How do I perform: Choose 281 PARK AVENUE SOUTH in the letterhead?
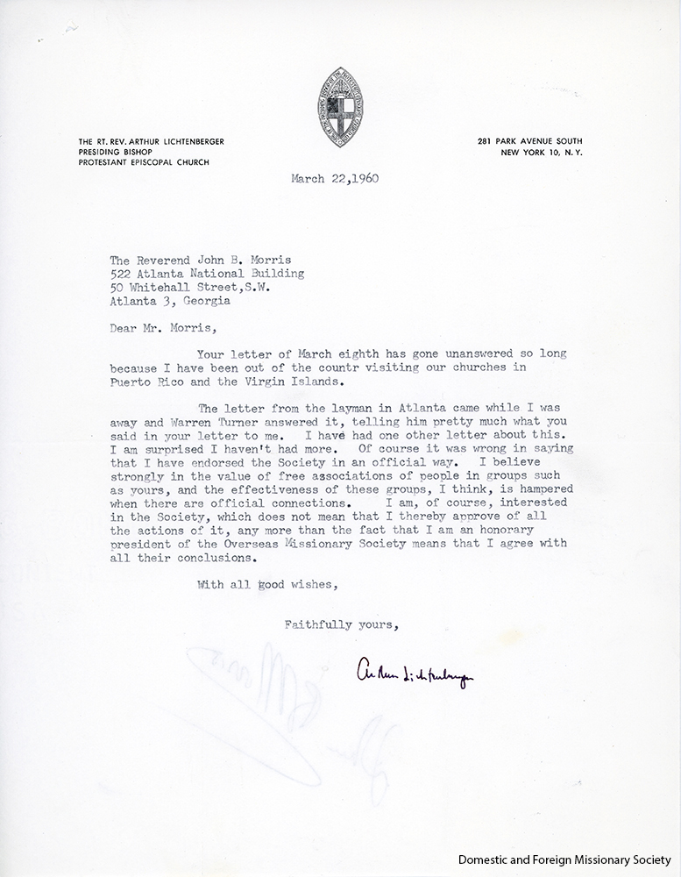tap(530, 141)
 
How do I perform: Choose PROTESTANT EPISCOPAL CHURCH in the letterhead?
tap(135, 162)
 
